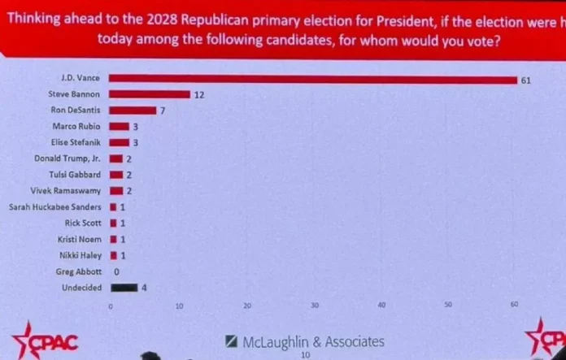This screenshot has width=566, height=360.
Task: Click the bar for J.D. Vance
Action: pos(313,80)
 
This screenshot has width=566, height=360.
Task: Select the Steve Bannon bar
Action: pos(150,95)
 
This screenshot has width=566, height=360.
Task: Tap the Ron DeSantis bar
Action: pos(133,111)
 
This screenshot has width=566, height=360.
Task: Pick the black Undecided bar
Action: pos(124,286)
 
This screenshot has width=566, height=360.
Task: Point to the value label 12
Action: pos(198,95)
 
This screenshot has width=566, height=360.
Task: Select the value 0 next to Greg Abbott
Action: pos(117,271)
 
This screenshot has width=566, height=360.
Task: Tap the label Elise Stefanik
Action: pos(76,142)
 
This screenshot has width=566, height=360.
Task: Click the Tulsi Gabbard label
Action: pos(78,175)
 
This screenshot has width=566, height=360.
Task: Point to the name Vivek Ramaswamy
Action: pos(72,190)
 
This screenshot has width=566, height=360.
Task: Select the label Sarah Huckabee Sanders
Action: pos(54,206)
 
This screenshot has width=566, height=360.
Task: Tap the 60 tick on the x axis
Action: pos(514,306)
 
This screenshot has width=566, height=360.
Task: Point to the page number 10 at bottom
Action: pos(306,355)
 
